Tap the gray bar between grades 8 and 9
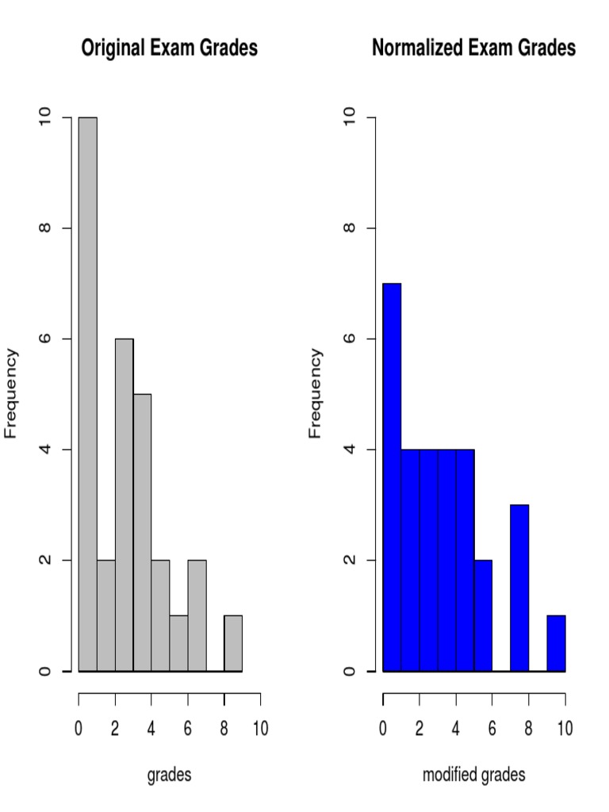(233, 643)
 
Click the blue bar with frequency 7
(392, 477)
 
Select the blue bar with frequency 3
(519, 588)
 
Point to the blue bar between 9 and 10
(556, 643)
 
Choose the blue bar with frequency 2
(483, 615)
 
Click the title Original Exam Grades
(170, 48)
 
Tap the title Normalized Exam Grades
(473, 48)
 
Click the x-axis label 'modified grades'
(473, 775)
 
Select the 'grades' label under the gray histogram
(169, 775)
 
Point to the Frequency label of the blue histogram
(316, 394)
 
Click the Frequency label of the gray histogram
(11, 394)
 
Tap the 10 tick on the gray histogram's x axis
(260, 728)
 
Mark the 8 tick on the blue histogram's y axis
(348, 228)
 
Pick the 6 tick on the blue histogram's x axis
(492, 728)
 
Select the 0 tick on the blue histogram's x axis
(383, 728)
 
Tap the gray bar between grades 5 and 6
(178, 643)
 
